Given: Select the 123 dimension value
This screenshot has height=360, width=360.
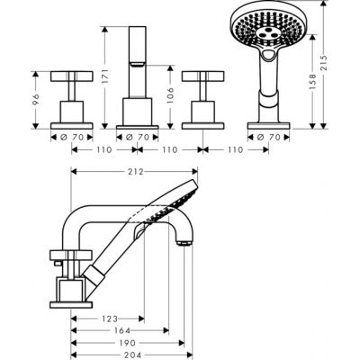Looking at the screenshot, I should pos(111,319).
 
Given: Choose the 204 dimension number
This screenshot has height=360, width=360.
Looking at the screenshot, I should pos(135,355).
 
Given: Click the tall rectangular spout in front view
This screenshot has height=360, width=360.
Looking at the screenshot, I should pos(140,45).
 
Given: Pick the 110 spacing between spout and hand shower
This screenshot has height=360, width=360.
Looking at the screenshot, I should pos(235,149).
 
